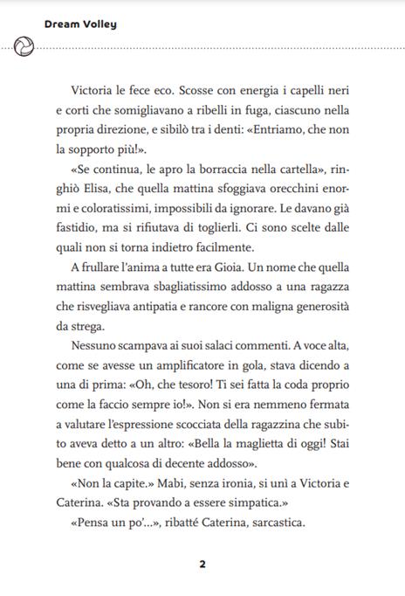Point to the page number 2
202,564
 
